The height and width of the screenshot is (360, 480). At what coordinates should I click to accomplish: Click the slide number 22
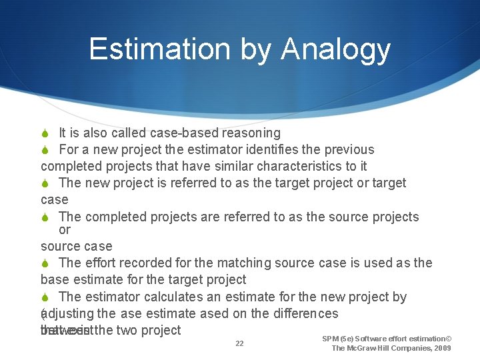[239, 343]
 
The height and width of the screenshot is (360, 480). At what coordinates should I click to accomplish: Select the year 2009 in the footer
[441, 349]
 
